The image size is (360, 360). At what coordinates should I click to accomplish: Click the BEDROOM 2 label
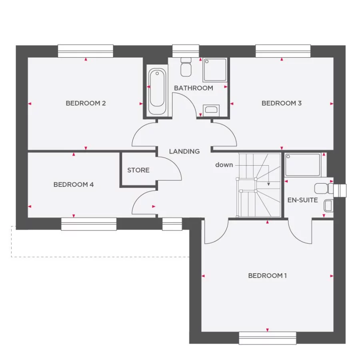[x=86, y=103]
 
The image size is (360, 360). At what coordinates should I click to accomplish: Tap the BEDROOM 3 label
[x=281, y=103]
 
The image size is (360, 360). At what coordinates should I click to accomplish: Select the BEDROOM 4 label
[x=73, y=184]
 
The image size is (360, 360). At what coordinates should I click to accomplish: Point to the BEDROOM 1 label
[x=267, y=276]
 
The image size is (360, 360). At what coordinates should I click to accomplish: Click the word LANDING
[x=184, y=151]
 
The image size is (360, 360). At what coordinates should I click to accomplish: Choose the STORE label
[x=138, y=170]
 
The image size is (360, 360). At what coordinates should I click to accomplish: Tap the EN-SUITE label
[x=303, y=200]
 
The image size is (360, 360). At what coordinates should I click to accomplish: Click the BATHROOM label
[x=193, y=88]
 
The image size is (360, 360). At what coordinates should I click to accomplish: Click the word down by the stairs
[x=224, y=165]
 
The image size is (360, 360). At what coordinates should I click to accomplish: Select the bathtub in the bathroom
[x=157, y=92]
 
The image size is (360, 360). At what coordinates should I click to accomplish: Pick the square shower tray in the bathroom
[x=215, y=70]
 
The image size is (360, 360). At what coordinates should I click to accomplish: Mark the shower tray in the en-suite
[x=303, y=165]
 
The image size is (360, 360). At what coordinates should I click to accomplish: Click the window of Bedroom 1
[x=267, y=338]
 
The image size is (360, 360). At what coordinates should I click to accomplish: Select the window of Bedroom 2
[x=86, y=51]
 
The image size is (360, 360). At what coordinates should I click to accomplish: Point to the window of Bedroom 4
[x=89, y=224]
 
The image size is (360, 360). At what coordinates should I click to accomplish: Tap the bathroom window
[x=186, y=51]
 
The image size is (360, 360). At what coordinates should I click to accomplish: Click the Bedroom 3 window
[x=283, y=51]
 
